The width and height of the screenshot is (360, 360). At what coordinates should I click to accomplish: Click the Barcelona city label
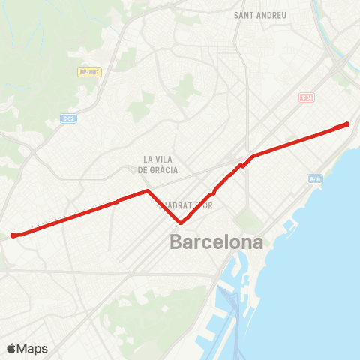(217, 242)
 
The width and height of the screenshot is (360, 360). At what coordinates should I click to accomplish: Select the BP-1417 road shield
(88, 72)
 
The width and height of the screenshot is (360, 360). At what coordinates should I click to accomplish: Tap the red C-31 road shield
(306, 98)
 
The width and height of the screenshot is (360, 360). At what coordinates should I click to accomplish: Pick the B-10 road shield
(315, 178)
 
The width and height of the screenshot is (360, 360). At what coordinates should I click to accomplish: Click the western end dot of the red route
(13, 235)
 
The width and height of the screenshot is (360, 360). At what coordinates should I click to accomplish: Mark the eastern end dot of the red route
(347, 124)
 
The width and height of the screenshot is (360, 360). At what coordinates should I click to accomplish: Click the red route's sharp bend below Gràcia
(148, 191)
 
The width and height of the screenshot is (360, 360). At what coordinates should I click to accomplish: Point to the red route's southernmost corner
(181, 222)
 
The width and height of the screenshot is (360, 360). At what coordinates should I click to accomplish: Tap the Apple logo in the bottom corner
(12, 348)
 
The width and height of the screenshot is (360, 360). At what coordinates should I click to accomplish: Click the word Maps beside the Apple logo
(33, 348)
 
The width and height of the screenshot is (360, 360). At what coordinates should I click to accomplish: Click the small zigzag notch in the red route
(241, 165)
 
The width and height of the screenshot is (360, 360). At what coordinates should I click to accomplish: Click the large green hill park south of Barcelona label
(142, 315)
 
